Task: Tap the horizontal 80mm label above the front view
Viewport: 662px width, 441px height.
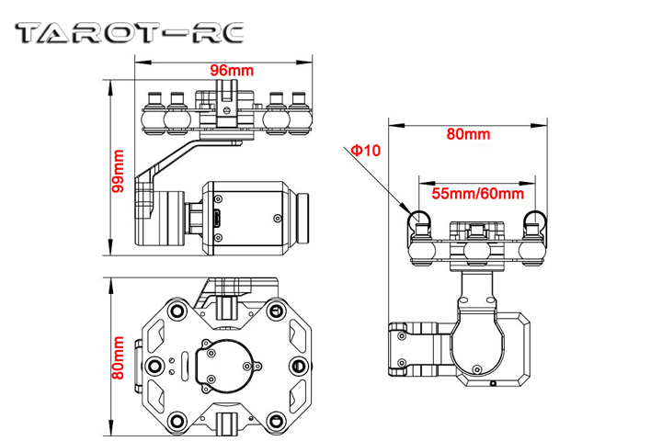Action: coord(469,134)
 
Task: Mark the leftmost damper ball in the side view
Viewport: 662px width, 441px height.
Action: coord(154,115)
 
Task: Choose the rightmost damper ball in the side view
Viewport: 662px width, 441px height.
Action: coord(300,115)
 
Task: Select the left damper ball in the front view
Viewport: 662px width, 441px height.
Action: coord(422,242)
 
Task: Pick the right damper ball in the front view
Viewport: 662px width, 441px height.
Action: coord(533,242)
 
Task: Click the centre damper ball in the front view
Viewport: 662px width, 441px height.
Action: coord(476,248)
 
